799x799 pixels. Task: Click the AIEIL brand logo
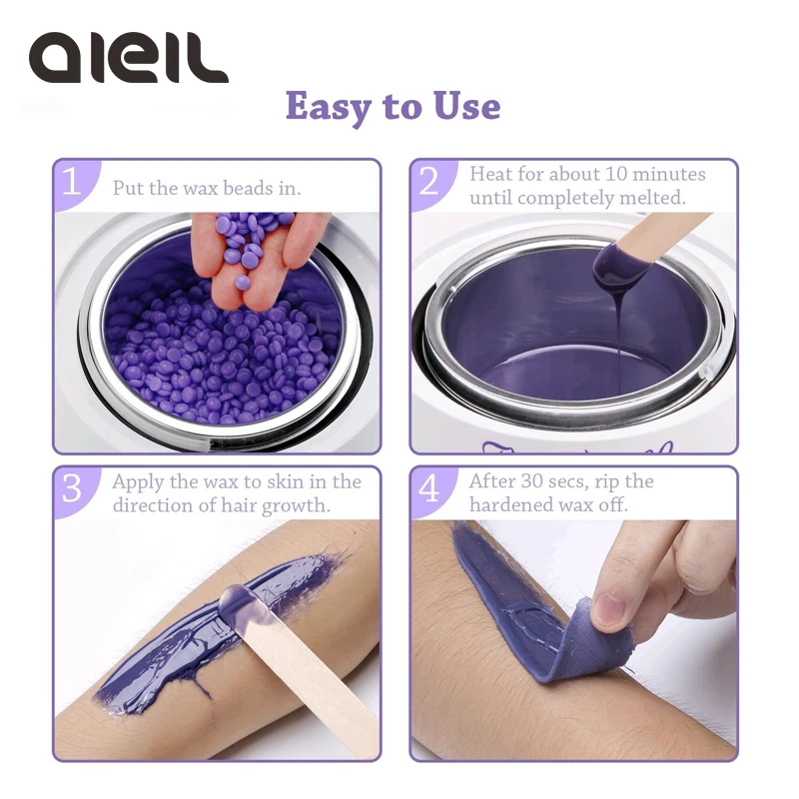pos(129,58)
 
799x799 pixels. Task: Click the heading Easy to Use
pos(393,107)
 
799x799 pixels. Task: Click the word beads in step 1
pos(248,188)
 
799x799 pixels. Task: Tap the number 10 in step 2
pos(616,174)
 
